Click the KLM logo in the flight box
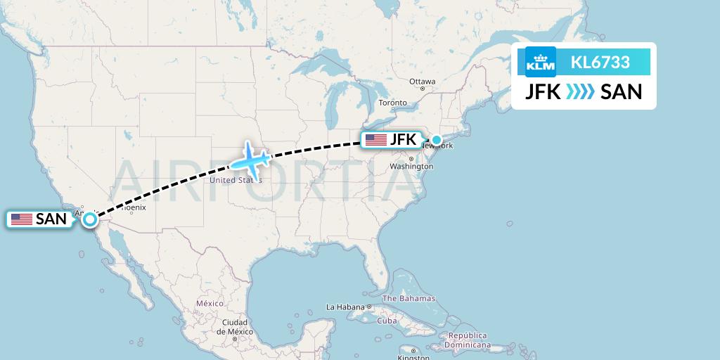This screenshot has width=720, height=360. [541, 62]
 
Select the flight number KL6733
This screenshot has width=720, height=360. [600, 63]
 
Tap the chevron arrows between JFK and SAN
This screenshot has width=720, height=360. [580, 91]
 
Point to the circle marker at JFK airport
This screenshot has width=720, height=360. [437, 140]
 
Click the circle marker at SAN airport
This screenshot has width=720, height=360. [91, 219]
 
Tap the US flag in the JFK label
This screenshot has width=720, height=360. [376, 140]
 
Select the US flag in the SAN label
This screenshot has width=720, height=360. [22, 219]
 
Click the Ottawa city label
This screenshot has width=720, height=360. [422, 82]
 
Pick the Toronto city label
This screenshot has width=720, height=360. [393, 103]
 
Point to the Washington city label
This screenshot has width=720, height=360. [411, 167]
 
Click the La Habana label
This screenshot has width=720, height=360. [345, 307]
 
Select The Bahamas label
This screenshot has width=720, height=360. [409, 299]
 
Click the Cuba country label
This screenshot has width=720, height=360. [387, 321]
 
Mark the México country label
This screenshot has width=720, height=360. [210, 303]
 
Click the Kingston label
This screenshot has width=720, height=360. [413, 357]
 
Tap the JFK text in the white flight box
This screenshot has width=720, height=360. [543, 91]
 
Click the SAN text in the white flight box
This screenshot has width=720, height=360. [622, 91]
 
